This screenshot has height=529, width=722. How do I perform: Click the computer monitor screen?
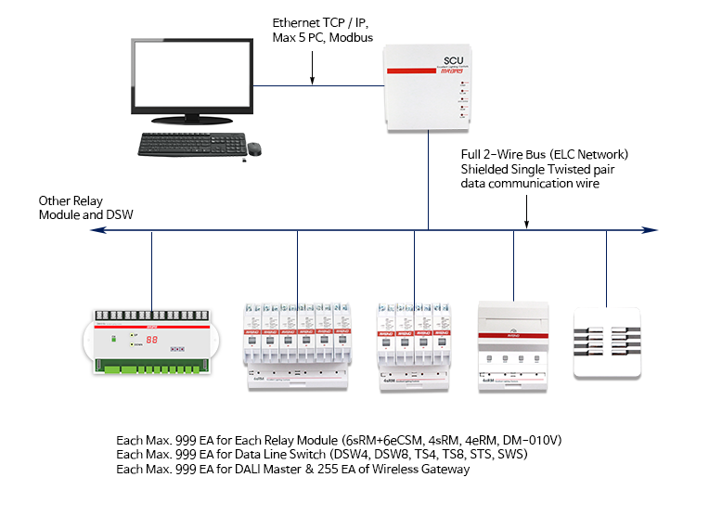[x=193, y=80]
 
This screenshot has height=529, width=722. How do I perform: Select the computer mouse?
[x=254, y=146]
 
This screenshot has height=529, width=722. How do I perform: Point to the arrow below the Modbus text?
[x=313, y=71]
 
